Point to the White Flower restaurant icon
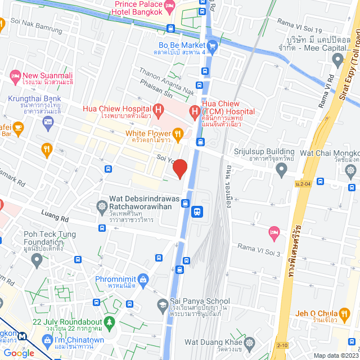pyautogui.click(x=178, y=133)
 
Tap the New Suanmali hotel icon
pyautogui.click(x=15, y=75)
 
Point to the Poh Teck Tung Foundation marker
pyautogui.click(x=37, y=260)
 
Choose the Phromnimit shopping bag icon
pyautogui.click(x=144, y=279)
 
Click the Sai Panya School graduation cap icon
pyautogui.click(x=163, y=304)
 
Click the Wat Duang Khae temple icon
pyautogui.click(x=249, y=341)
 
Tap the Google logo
pyautogui.click(x=19, y=353)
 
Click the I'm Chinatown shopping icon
pyautogui.click(x=48, y=341)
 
